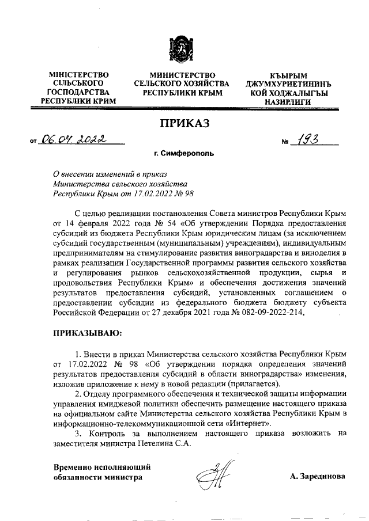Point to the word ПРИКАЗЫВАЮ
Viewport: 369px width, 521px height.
(x=87, y=333)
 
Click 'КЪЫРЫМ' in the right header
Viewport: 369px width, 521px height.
(x=288, y=75)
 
